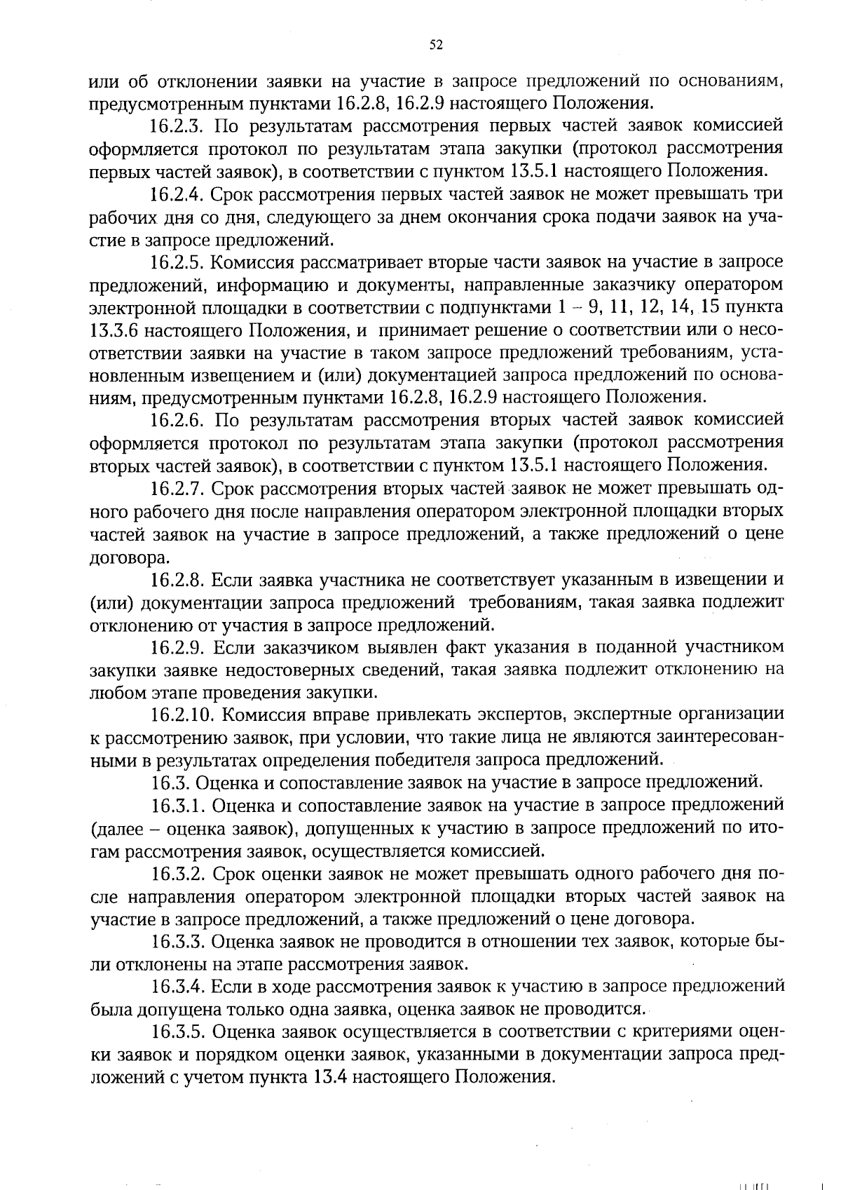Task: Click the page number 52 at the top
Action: click(x=435, y=45)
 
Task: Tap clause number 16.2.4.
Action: click(x=177, y=194)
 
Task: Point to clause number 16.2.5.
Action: click(x=177, y=262)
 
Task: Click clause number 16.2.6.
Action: click(x=177, y=421)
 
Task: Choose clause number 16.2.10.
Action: click(x=182, y=715)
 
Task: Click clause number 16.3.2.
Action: click(x=177, y=874)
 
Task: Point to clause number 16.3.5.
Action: click(x=177, y=1032)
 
